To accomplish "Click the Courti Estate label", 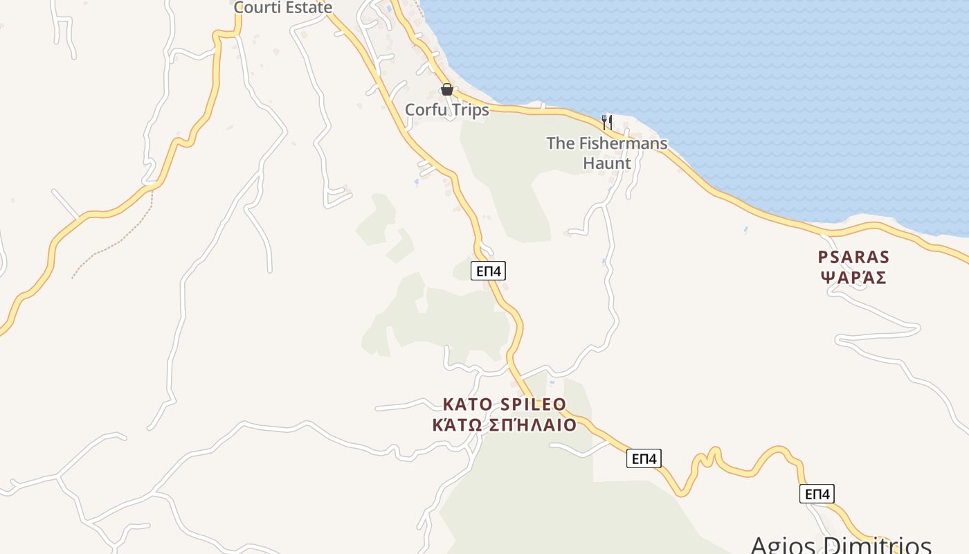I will coord(283,8).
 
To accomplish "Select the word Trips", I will coord(471,109).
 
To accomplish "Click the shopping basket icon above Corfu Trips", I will coord(446,89).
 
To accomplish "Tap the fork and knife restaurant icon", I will coord(606,123).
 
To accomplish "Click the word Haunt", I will coord(607,163).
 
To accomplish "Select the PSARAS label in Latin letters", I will coord(853,257).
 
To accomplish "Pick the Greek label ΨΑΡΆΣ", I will coord(853,278).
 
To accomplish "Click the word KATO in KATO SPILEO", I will coord(468,404).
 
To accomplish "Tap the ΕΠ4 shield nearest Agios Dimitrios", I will coord(817,494).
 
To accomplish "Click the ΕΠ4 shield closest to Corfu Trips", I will coord(488,271).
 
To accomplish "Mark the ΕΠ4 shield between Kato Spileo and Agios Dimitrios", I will coord(644,458).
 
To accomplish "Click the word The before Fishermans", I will coord(561,143).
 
